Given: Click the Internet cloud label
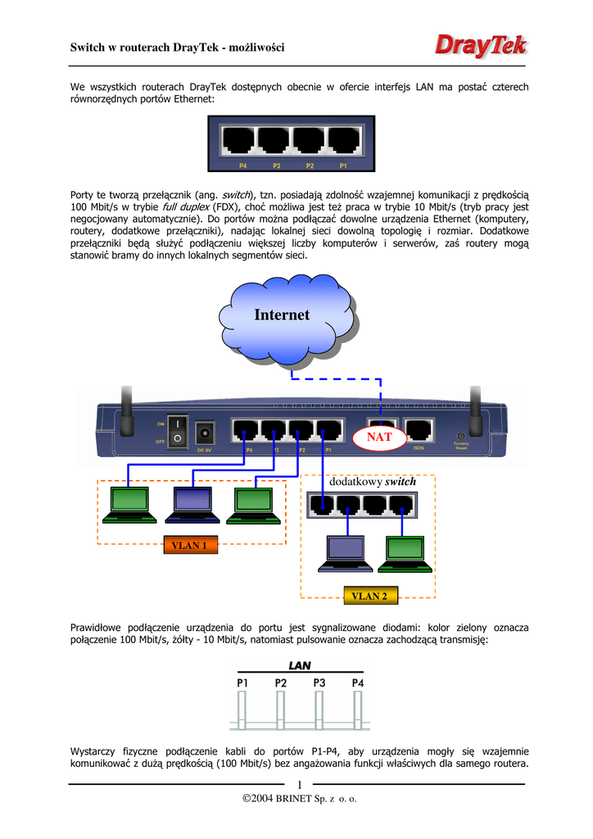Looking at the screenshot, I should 282,315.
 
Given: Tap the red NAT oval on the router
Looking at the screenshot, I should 379,437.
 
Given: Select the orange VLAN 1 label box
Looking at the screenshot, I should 188,545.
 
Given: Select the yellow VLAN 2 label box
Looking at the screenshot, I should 369,596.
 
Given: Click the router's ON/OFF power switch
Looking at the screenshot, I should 177,431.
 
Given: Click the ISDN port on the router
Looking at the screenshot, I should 419,430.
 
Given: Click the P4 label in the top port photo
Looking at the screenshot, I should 242,166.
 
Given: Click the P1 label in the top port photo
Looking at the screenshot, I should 343,166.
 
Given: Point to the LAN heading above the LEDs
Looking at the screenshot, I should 298,666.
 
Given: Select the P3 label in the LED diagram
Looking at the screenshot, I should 319,682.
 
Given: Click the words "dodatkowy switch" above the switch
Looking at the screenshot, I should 372,482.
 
